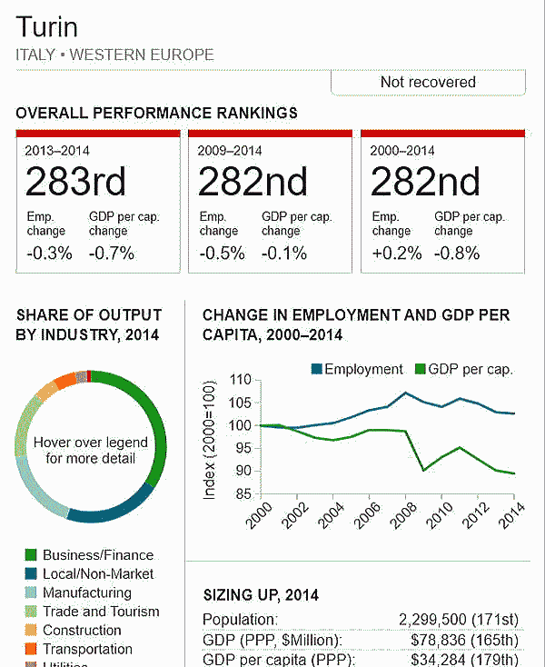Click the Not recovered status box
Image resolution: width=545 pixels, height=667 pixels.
(x=428, y=82)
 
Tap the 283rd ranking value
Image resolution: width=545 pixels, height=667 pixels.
(x=75, y=183)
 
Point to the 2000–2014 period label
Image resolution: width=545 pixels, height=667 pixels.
(x=402, y=151)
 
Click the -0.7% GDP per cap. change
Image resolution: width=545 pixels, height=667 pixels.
(x=112, y=254)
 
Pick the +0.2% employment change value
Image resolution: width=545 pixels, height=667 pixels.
(x=396, y=254)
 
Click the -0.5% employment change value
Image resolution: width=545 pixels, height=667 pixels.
(x=223, y=254)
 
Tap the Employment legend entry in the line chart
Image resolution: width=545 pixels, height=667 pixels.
(x=356, y=369)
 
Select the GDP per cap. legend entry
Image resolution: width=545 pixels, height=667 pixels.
(x=463, y=369)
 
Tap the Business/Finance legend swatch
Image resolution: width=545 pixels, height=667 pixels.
(x=30, y=555)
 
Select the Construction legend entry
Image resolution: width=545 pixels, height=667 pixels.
(x=82, y=631)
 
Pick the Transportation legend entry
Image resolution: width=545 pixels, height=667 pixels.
(x=86, y=650)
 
